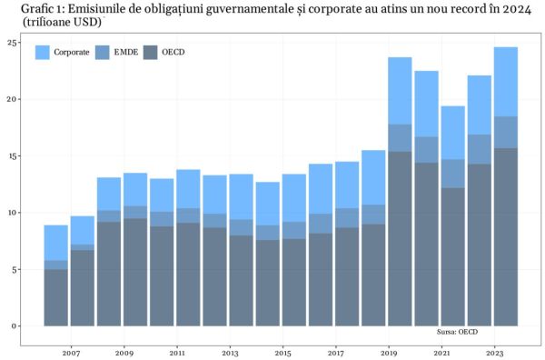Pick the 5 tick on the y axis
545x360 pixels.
click(x=14, y=269)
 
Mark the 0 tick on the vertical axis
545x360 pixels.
click(x=14, y=325)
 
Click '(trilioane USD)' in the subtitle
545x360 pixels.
click(x=58, y=20)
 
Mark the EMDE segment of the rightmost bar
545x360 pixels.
click(x=506, y=133)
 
